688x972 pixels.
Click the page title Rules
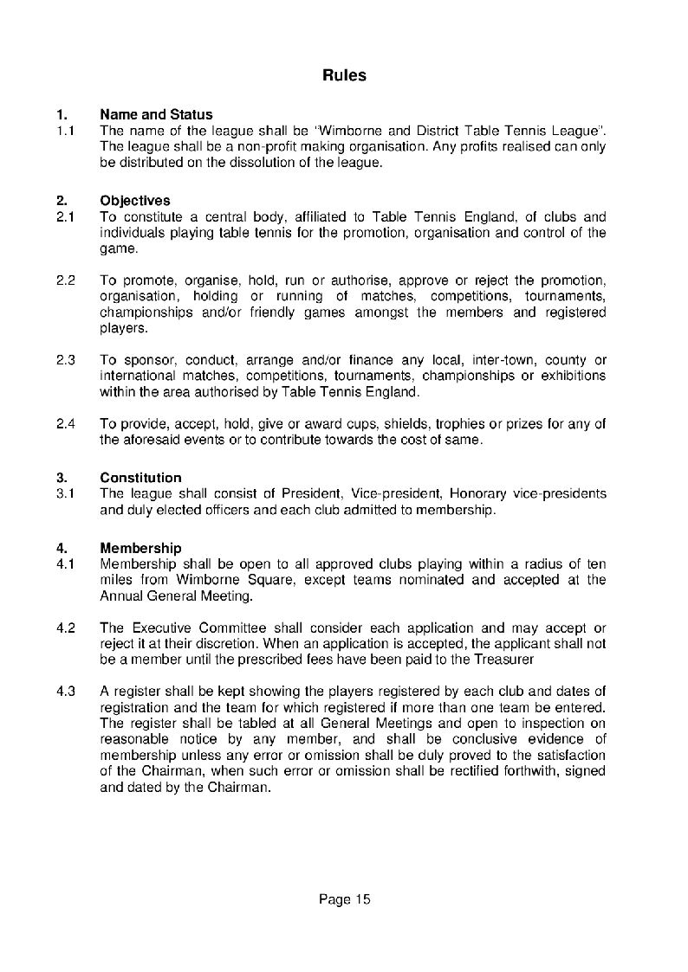(x=344, y=75)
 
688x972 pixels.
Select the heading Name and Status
(x=156, y=114)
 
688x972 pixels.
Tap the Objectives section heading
(x=135, y=201)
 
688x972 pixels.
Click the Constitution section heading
(x=140, y=478)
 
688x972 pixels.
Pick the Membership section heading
(x=140, y=548)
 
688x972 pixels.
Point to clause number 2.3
(x=66, y=359)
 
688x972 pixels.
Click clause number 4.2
(x=66, y=627)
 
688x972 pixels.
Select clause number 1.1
(x=66, y=130)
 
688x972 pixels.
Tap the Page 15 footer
(x=344, y=899)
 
